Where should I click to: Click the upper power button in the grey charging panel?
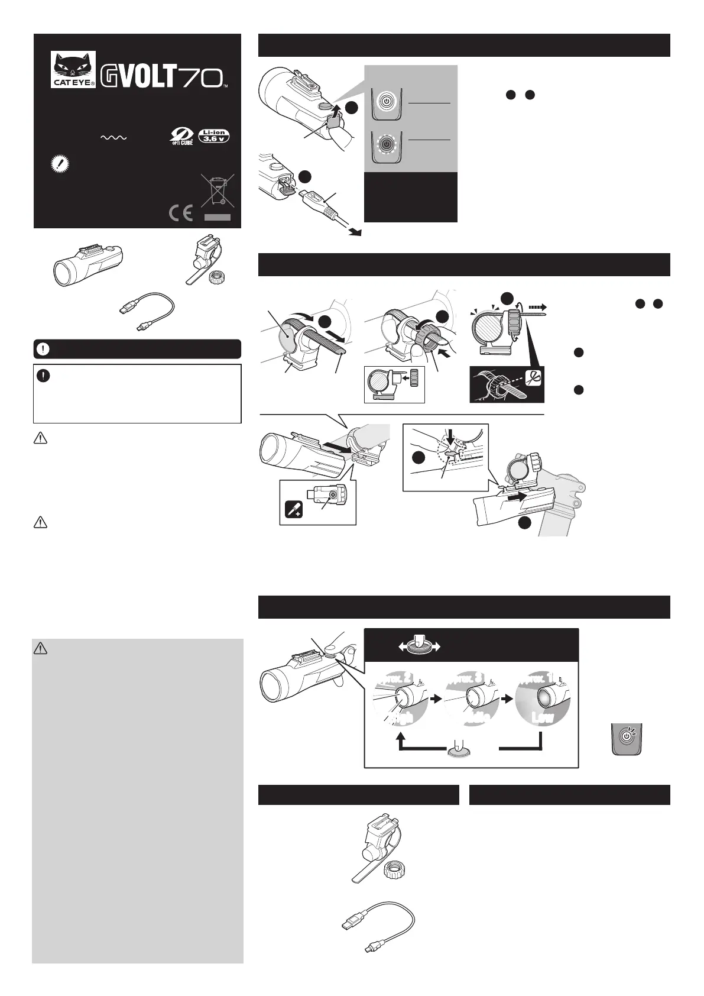[385, 102]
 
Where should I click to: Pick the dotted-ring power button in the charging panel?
[385, 144]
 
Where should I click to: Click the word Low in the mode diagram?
[542, 717]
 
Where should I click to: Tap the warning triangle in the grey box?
[41, 648]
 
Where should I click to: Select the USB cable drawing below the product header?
[145, 312]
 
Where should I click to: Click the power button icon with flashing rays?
[625, 738]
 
